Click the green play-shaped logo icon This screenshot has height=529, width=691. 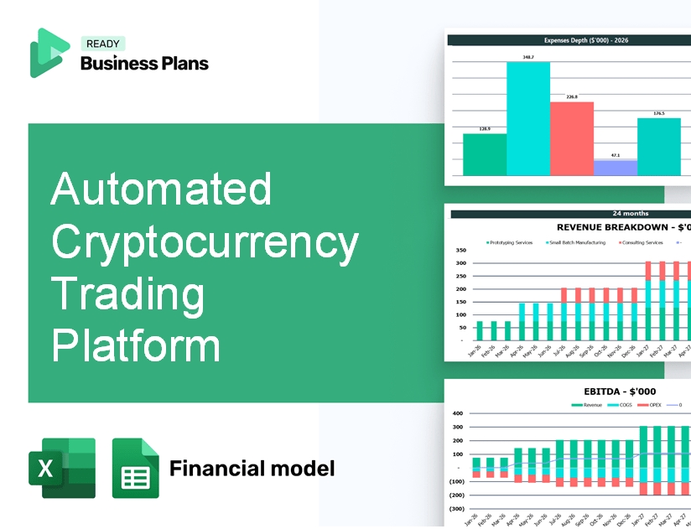coord(49,53)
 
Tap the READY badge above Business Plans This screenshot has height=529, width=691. coord(102,44)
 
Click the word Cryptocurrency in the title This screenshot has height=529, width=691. coord(205,244)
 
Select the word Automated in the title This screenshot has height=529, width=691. coord(161,189)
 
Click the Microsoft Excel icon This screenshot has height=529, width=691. coord(62,468)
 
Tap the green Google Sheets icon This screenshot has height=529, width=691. coord(135,468)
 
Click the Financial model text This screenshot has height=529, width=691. coord(252,468)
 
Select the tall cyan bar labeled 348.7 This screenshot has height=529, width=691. coord(527,118)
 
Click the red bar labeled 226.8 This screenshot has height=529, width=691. coord(571,138)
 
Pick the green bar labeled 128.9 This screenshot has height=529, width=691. coord(485,154)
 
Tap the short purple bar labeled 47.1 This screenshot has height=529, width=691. coord(615,168)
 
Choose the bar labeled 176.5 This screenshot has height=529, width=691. coord(658,147)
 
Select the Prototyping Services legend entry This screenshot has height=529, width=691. coord(510,242)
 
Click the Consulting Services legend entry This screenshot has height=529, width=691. coord(642,242)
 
